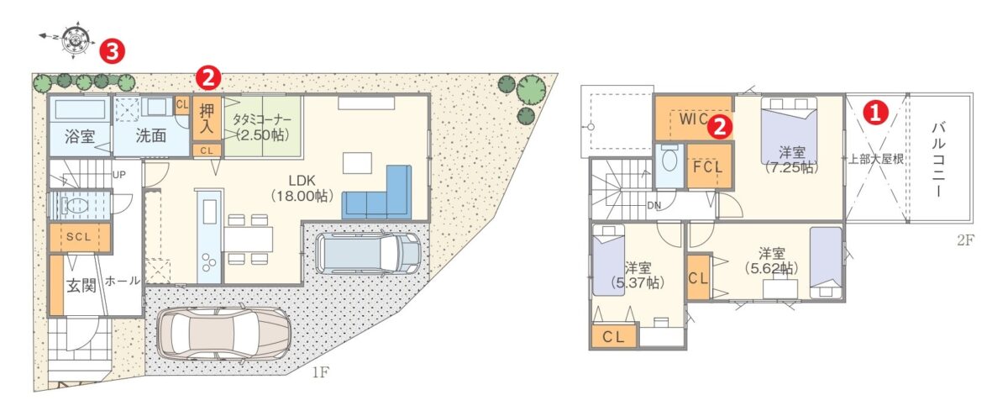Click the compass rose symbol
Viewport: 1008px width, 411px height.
click(75, 40)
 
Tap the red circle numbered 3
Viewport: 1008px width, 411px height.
click(112, 52)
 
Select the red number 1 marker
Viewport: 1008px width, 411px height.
click(875, 113)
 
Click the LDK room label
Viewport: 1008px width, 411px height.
click(302, 181)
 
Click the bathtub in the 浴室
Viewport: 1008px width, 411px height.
click(79, 110)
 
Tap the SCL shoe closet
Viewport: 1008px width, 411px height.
click(80, 237)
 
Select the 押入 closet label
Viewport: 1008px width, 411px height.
click(207, 119)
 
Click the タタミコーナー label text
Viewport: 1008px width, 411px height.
click(262, 119)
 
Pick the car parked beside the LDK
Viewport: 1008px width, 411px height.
click(369, 252)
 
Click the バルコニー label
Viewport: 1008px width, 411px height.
click(938, 160)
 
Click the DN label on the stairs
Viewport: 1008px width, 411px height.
click(654, 206)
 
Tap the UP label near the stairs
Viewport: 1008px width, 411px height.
click(118, 175)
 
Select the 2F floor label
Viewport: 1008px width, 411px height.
click(965, 240)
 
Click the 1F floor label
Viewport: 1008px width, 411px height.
click(320, 372)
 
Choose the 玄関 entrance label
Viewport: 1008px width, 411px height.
click(81, 285)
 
